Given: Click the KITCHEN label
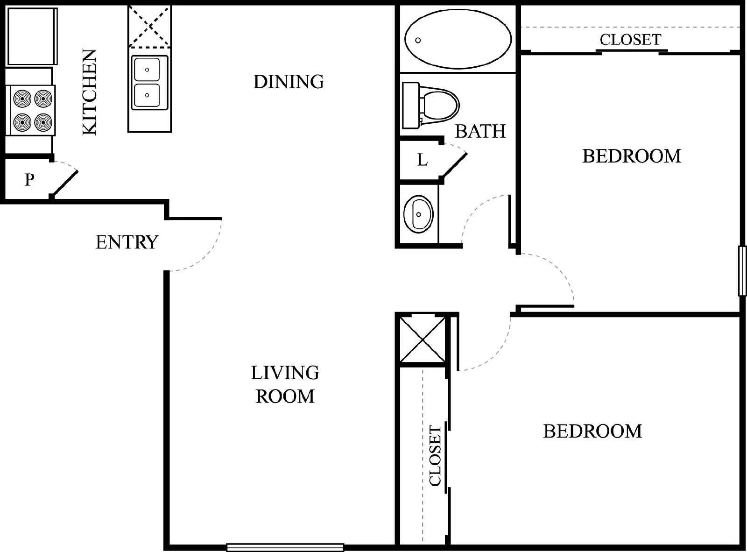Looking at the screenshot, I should tap(89, 92).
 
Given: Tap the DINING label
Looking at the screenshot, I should tap(289, 82).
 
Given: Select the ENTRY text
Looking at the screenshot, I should tap(127, 242).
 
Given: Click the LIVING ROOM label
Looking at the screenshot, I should tap(285, 384).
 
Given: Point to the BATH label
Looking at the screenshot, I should tap(480, 132).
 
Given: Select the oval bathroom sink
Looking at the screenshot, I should tap(418, 214).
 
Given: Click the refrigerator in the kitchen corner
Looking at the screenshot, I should tap(32, 36).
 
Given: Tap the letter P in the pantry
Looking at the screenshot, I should tap(29, 179).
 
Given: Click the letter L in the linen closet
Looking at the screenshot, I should tap(422, 160).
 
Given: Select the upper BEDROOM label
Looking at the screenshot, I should tap(631, 156).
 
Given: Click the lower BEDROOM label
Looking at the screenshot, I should tap(592, 432).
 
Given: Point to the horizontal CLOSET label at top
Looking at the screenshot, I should tap(630, 40).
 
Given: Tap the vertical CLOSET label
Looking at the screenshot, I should tap(435, 456).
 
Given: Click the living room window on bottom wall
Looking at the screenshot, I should tap(285, 547).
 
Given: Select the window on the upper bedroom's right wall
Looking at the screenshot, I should tap(742, 271).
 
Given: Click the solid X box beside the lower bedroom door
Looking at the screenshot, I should tap(423, 340).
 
